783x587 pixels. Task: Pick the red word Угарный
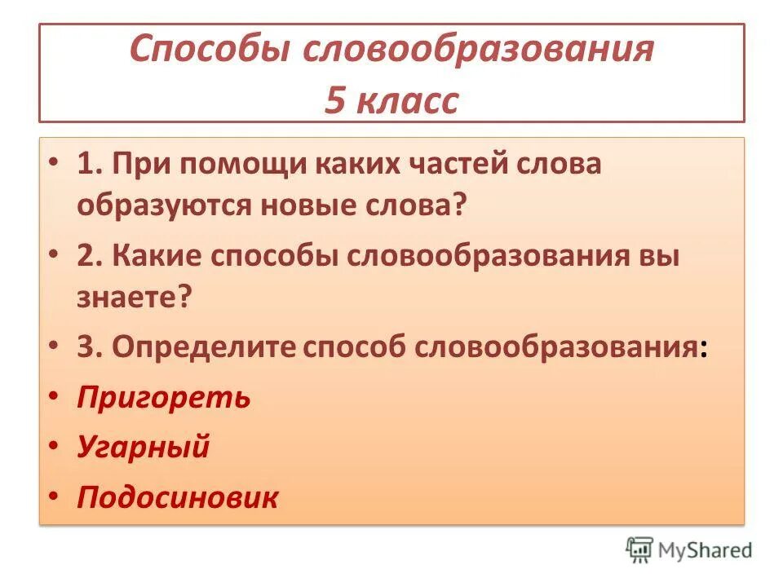pos(144,447)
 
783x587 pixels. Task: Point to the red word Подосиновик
pos(178,497)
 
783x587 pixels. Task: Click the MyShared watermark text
pos(706,551)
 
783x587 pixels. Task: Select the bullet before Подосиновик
pos(54,495)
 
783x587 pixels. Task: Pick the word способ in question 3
pos(356,348)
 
